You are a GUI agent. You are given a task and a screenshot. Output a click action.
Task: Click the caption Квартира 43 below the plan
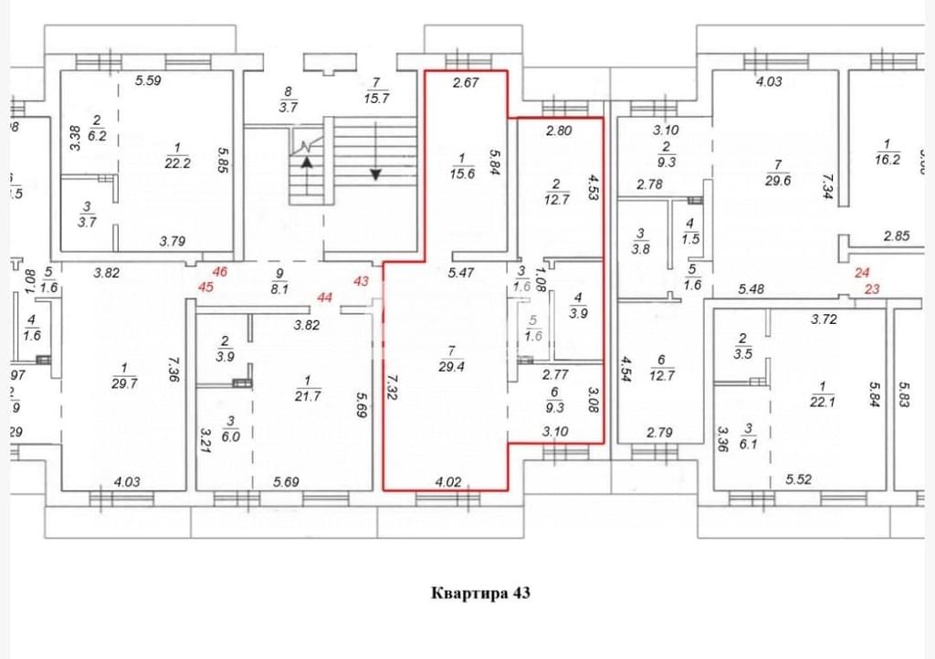click(x=479, y=593)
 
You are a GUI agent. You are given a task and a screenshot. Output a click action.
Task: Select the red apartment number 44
click(x=325, y=297)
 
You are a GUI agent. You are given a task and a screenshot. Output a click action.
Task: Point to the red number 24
click(x=862, y=273)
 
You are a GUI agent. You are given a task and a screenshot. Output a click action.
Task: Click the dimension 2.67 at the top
click(x=467, y=84)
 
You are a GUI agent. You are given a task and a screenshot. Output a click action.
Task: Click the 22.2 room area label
click(x=177, y=162)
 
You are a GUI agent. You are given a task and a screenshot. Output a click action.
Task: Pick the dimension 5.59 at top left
click(x=148, y=80)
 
